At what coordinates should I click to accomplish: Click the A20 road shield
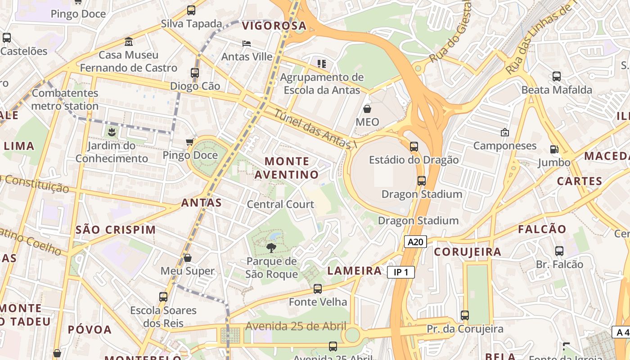pos(415,242)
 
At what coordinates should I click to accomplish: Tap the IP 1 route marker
pos(400,272)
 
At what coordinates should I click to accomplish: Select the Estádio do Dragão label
pos(414,160)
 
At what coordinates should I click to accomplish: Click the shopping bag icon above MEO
pos(367,109)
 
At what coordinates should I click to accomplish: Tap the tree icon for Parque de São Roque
pos(271,247)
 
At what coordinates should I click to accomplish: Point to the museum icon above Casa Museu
pos(129,41)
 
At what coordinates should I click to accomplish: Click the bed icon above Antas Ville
pos(247,44)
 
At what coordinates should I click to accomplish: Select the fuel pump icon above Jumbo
pos(554,149)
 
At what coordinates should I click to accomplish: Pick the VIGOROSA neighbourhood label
pos(274,26)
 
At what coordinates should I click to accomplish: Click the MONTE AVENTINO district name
pos(287,168)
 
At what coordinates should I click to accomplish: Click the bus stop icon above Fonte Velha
pos(318,289)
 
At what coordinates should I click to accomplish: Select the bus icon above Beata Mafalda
pos(557,76)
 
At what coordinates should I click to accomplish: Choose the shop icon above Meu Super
pos(188,258)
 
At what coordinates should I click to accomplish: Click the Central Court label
pos(280,204)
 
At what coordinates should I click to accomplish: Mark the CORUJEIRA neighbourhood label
pos(468,252)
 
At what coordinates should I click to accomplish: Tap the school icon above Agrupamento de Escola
pos(321,64)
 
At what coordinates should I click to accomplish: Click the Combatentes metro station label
pos(65,99)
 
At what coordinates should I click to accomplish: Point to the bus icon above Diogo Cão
pos(195,72)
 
